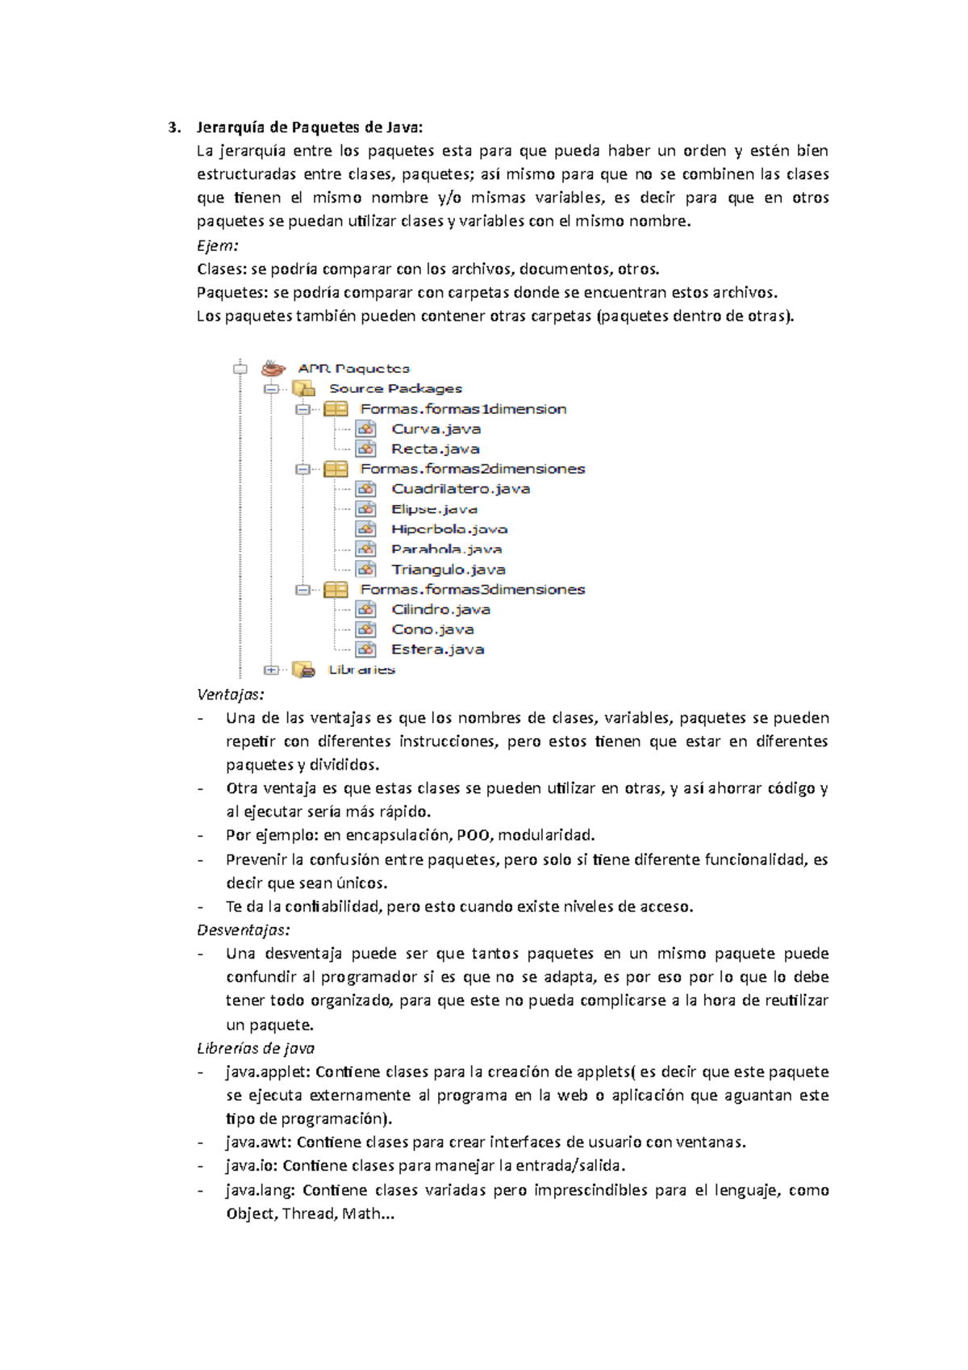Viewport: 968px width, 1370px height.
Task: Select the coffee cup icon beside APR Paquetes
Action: [x=273, y=369]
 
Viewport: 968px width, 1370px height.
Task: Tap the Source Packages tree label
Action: [x=395, y=389]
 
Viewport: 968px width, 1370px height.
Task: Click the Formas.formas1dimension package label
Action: [x=463, y=409]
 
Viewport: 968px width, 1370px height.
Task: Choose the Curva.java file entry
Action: [x=436, y=429]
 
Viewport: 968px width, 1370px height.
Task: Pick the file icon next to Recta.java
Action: [x=366, y=449]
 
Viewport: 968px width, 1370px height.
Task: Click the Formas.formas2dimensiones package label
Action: [x=472, y=469]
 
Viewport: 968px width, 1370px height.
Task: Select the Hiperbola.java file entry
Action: [x=449, y=529]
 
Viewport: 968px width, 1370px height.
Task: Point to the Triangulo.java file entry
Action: [x=448, y=570]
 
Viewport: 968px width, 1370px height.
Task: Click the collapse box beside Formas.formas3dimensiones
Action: [x=302, y=590]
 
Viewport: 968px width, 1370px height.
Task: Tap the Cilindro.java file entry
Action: [x=440, y=610]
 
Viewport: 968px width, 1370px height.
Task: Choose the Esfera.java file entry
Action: [x=437, y=649]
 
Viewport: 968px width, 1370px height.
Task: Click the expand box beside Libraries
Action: [x=271, y=670]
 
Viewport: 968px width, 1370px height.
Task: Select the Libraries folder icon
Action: [x=303, y=670]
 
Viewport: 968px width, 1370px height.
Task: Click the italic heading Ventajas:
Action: [x=231, y=695]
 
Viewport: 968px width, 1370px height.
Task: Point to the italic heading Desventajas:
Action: [x=244, y=930]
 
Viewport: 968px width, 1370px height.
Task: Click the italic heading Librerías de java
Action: [x=256, y=1048]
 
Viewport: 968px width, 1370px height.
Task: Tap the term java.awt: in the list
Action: [x=259, y=1142]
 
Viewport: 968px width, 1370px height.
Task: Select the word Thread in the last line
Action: [x=309, y=1213]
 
